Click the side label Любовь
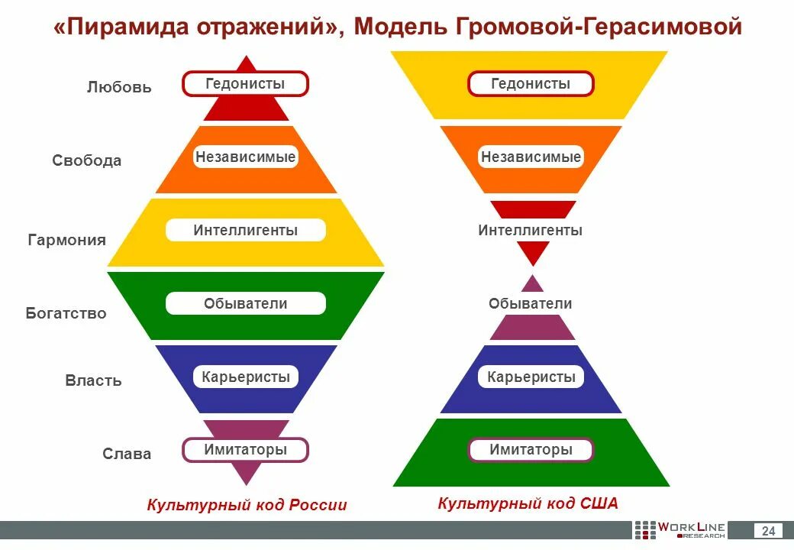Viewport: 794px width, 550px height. [119, 87]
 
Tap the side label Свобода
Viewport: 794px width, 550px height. [87, 160]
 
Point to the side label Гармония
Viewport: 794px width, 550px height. [67, 240]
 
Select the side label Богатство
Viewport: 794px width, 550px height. [66, 313]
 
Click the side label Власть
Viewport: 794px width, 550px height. [93, 380]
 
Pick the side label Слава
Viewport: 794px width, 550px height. [127, 454]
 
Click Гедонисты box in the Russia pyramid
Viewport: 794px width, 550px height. [245, 83]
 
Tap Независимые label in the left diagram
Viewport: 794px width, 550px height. [245, 157]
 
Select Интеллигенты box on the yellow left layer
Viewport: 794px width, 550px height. [245, 230]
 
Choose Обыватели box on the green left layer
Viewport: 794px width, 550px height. [245, 303]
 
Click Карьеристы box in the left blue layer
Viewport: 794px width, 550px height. [245, 377]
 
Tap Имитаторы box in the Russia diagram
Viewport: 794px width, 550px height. [245, 450]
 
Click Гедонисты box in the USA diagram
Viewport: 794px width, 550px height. [531, 83]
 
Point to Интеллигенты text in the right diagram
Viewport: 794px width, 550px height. [531, 230]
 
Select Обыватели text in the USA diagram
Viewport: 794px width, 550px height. [531, 303]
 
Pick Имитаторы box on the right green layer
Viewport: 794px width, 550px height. [531, 450]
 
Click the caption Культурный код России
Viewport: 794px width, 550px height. [247, 505]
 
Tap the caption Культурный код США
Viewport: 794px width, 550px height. [528, 503]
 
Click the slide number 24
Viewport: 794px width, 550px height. [768, 531]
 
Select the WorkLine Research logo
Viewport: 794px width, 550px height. [679, 530]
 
